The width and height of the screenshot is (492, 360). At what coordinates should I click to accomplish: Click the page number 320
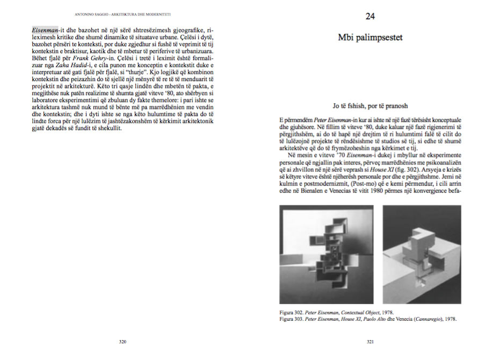(122, 341)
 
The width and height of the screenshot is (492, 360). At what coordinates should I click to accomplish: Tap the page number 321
(370, 341)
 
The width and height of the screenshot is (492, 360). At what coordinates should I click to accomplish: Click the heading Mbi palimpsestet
(370, 38)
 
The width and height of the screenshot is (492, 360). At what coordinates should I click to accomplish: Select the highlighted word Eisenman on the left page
(45, 30)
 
